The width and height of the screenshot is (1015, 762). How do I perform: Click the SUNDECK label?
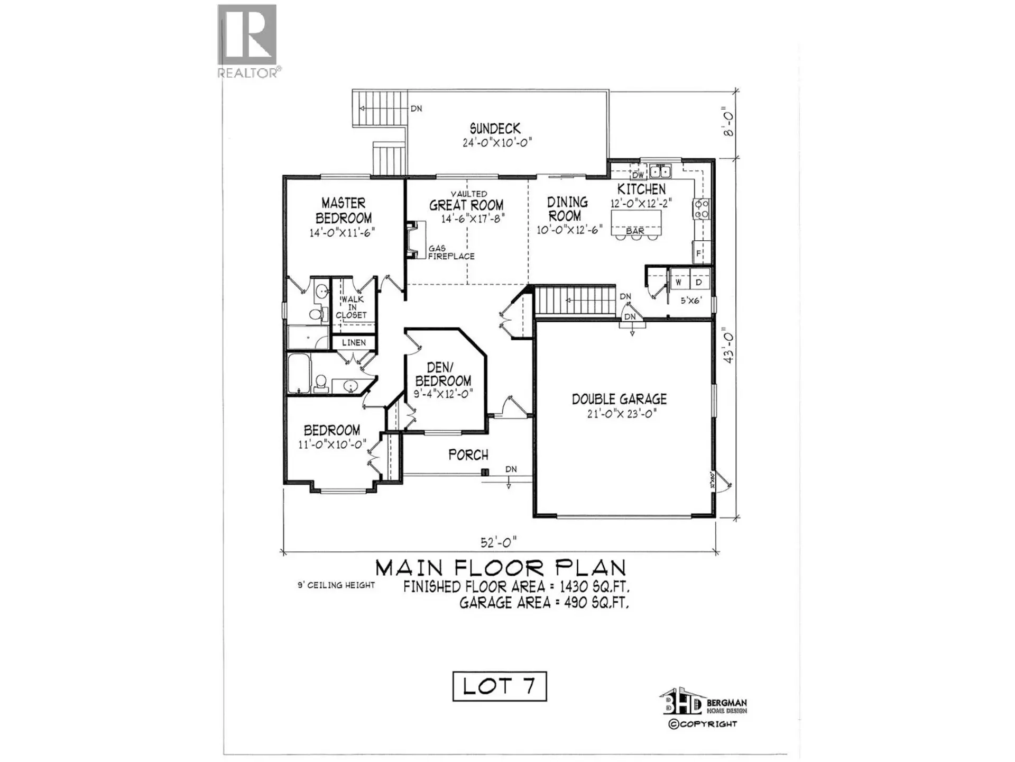495,129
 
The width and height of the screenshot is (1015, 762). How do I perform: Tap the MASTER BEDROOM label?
344,211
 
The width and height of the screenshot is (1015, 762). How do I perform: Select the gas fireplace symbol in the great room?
416,240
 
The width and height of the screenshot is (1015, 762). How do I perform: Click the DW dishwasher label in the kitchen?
638,175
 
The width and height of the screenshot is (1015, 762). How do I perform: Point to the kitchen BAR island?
635,223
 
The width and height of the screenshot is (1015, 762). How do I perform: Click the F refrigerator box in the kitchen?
699,253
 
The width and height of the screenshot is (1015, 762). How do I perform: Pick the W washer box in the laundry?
678,283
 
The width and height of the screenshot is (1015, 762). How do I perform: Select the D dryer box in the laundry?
698,283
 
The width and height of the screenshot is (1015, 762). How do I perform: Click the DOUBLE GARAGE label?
619,399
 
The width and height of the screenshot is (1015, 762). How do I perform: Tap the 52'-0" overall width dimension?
499,542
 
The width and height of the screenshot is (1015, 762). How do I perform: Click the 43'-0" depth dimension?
730,347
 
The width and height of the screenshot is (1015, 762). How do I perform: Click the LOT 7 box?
499,686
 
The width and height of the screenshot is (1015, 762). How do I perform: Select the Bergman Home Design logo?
703,704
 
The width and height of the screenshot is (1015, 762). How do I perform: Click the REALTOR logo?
247,41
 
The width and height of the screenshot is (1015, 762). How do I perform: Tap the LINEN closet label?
354,342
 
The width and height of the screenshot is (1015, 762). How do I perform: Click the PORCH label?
468,455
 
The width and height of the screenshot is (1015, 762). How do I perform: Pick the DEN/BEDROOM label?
442,374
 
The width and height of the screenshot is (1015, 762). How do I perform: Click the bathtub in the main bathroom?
299,374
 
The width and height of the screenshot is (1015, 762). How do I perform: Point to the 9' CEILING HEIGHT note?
336,585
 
